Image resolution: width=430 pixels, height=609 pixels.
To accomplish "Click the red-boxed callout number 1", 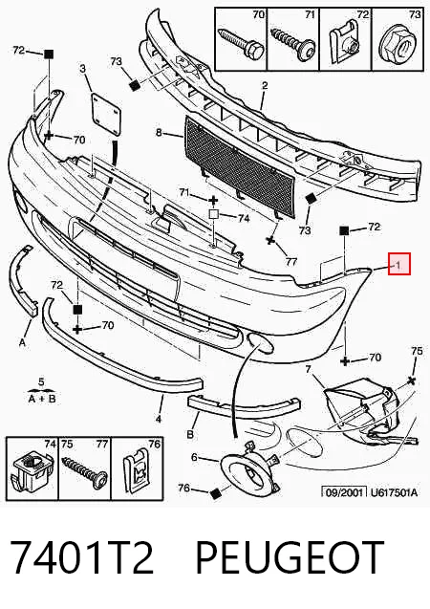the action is click(x=398, y=265).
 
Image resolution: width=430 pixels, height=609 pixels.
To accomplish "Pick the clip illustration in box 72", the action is click(x=344, y=44).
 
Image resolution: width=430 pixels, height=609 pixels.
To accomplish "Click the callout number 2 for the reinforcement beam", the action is click(x=265, y=85).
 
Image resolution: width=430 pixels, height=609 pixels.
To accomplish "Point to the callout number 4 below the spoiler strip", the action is click(x=159, y=419).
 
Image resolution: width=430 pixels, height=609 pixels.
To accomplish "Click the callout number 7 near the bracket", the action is click(x=308, y=369).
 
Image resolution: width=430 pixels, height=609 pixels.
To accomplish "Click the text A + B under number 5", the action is click(x=42, y=398).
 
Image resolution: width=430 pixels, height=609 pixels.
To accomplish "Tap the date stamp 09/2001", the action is click(x=345, y=492).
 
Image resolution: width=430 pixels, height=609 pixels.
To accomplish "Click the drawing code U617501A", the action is click(x=394, y=492).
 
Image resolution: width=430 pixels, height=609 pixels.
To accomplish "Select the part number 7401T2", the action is click(x=81, y=557).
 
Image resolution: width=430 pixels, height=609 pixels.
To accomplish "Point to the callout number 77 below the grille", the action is click(x=290, y=261).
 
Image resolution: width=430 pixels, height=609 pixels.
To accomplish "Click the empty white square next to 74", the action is click(x=214, y=214).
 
